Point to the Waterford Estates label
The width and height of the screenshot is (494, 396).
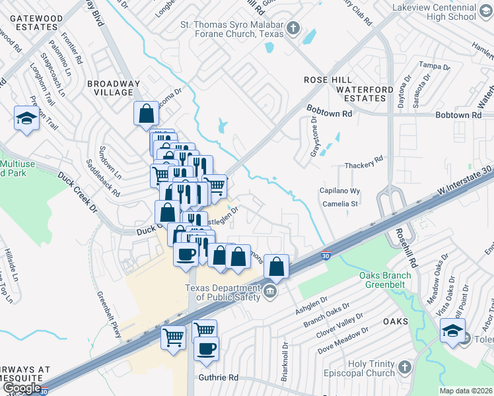(360, 93)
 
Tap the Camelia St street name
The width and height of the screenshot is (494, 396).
(340, 204)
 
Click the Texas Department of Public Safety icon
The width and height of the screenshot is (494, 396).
(269, 292)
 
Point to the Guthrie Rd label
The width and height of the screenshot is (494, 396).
(218, 378)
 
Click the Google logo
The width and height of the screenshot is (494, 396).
(21, 388)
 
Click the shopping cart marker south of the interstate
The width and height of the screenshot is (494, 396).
(173, 337)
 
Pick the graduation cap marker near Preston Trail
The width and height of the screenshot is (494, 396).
(26, 118)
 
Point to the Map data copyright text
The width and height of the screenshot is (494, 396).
(466, 391)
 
